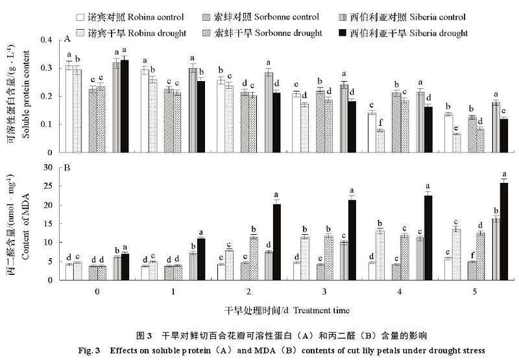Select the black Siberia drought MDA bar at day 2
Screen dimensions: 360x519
276,242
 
